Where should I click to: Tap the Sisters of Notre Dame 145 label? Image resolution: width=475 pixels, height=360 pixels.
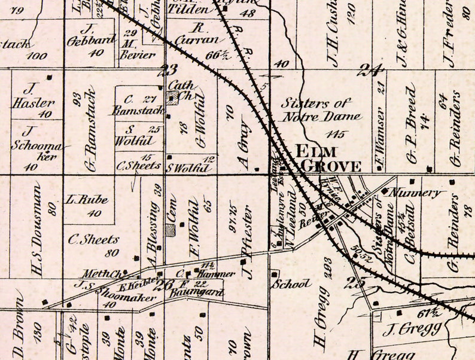point(321,111)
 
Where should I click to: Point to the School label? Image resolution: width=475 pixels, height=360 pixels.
point(291,284)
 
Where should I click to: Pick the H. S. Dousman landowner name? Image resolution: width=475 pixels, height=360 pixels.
point(38,230)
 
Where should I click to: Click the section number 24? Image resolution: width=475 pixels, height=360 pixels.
point(369,71)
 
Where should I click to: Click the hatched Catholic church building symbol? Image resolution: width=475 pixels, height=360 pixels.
point(172,99)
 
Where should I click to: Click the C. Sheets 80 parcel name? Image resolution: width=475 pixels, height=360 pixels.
point(93,240)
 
